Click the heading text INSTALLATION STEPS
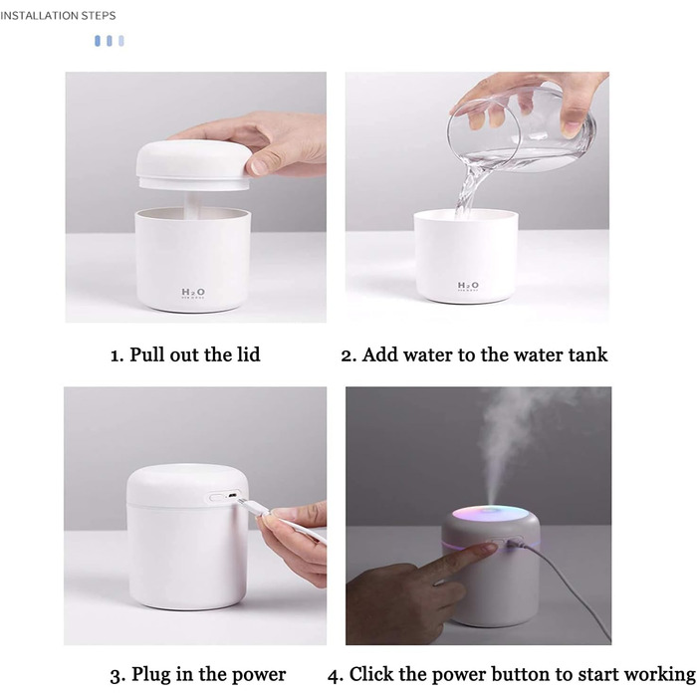pos(58,16)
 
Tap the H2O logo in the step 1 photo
pos(193,292)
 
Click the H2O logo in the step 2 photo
pos(468,285)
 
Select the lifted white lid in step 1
pos(193,165)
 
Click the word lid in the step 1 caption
pos(248,354)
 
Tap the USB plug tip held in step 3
pos(244,503)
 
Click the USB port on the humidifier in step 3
pos(232,495)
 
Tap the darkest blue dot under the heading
pos(98,41)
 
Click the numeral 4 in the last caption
pos(333,676)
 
